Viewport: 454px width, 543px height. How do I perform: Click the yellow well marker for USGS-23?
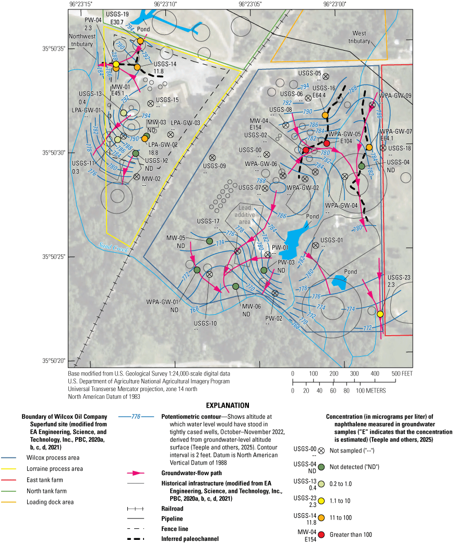[x=380, y=314]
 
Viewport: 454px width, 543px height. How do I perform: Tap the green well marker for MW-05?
[x=209, y=241]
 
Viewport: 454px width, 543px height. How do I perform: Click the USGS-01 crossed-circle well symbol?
[x=315, y=245]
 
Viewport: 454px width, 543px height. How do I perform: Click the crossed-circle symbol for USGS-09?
[x=212, y=157]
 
